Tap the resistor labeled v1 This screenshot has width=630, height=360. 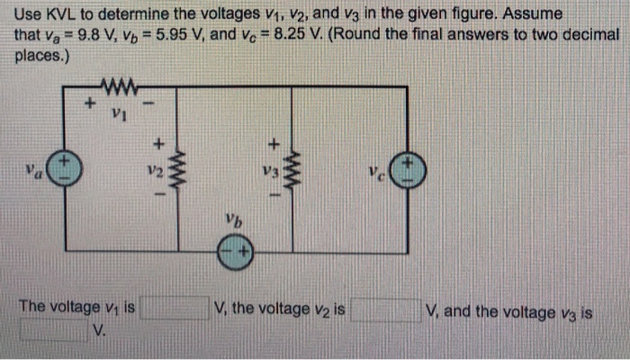120,89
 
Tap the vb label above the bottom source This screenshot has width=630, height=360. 236,220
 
